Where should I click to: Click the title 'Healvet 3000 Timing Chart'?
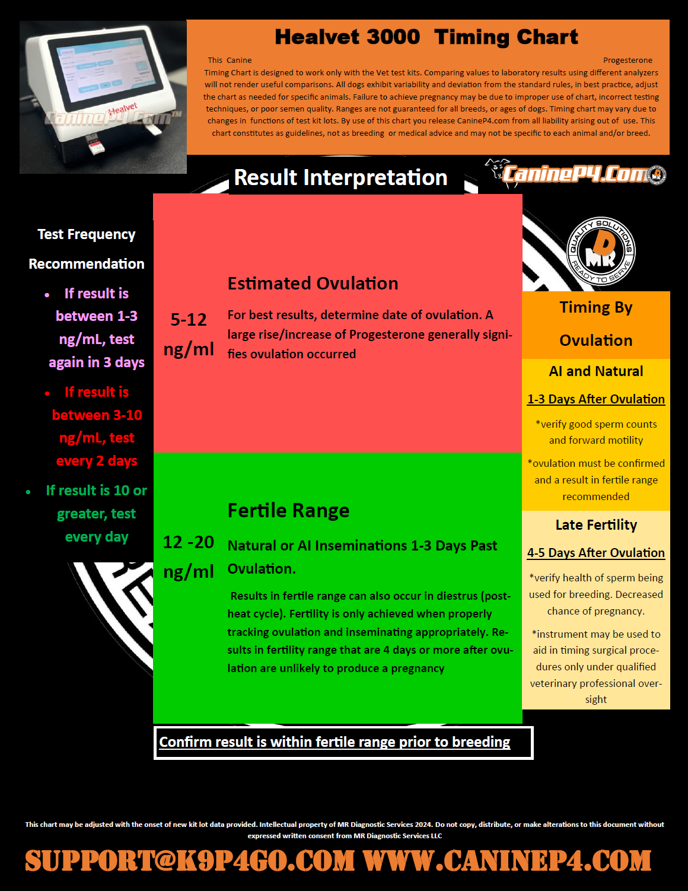[x=426, y=37]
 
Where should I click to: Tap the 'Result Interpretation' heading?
[x=340, y=177]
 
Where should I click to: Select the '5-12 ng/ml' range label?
[x=189, y=335]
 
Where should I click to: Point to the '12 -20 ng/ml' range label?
[x=189, y=556]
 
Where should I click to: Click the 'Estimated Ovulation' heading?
[x=313, y=284]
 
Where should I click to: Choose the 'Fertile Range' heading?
[x=288, y=511]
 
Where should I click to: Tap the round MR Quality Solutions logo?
[x=601, y=251]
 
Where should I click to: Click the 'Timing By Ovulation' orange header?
[x=596, y=324]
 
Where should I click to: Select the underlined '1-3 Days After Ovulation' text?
[x=596, y=399]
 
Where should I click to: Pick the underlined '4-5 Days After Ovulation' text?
[x=596, y=553]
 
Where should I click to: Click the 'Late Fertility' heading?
[x=596, y=525]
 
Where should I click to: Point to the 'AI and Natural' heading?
[x=596, y=371]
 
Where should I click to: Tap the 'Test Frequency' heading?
[x=87, y=234]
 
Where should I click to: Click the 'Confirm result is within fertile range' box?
[x=343, y=742]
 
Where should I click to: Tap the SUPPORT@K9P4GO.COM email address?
[x=190, y=861]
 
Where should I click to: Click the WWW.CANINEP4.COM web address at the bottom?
[x=507, y=861]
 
